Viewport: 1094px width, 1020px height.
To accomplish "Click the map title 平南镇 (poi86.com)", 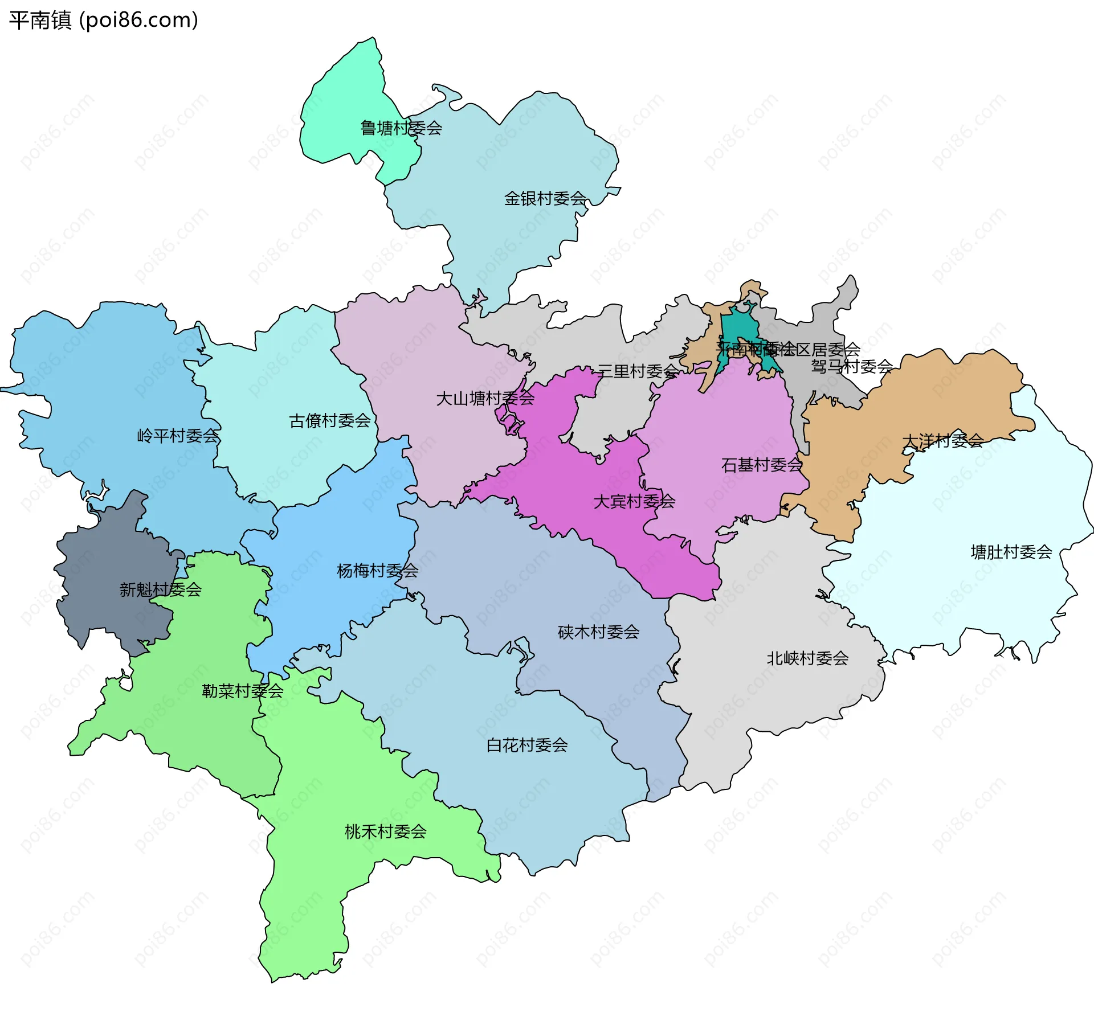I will click(104, 21).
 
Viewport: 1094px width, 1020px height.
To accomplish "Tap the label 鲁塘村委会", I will click(401, 128).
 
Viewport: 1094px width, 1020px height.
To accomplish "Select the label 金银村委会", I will click(545, 199).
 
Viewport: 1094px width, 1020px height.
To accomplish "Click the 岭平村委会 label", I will click(178, 436).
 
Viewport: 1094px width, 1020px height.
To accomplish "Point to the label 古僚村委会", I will click(330, 421).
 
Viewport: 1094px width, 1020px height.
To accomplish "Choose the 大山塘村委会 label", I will click(485, 399).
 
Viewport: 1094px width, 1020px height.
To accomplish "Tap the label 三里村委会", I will click(638, 372).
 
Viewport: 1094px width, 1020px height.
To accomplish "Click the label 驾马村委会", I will click(852, 367).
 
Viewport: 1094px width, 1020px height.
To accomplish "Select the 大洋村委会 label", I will click(943, 441).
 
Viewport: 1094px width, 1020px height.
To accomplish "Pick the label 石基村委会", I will click(762, 465).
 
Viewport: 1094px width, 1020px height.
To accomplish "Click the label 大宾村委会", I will click(634, 502).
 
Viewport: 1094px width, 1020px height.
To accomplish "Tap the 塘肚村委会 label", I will click(1011, 552).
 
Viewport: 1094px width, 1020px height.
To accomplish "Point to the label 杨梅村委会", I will click(378, 571).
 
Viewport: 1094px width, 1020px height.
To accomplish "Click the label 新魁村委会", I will click(161, 589).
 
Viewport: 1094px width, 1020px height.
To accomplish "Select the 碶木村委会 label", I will click(599, 632).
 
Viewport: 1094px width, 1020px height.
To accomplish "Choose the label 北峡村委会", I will click(807, 659).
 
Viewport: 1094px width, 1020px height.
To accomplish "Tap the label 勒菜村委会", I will click(243, 691).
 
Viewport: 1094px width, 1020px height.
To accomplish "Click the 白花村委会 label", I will click(527, 745).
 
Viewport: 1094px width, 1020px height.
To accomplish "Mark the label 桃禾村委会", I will click(386, 832).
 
